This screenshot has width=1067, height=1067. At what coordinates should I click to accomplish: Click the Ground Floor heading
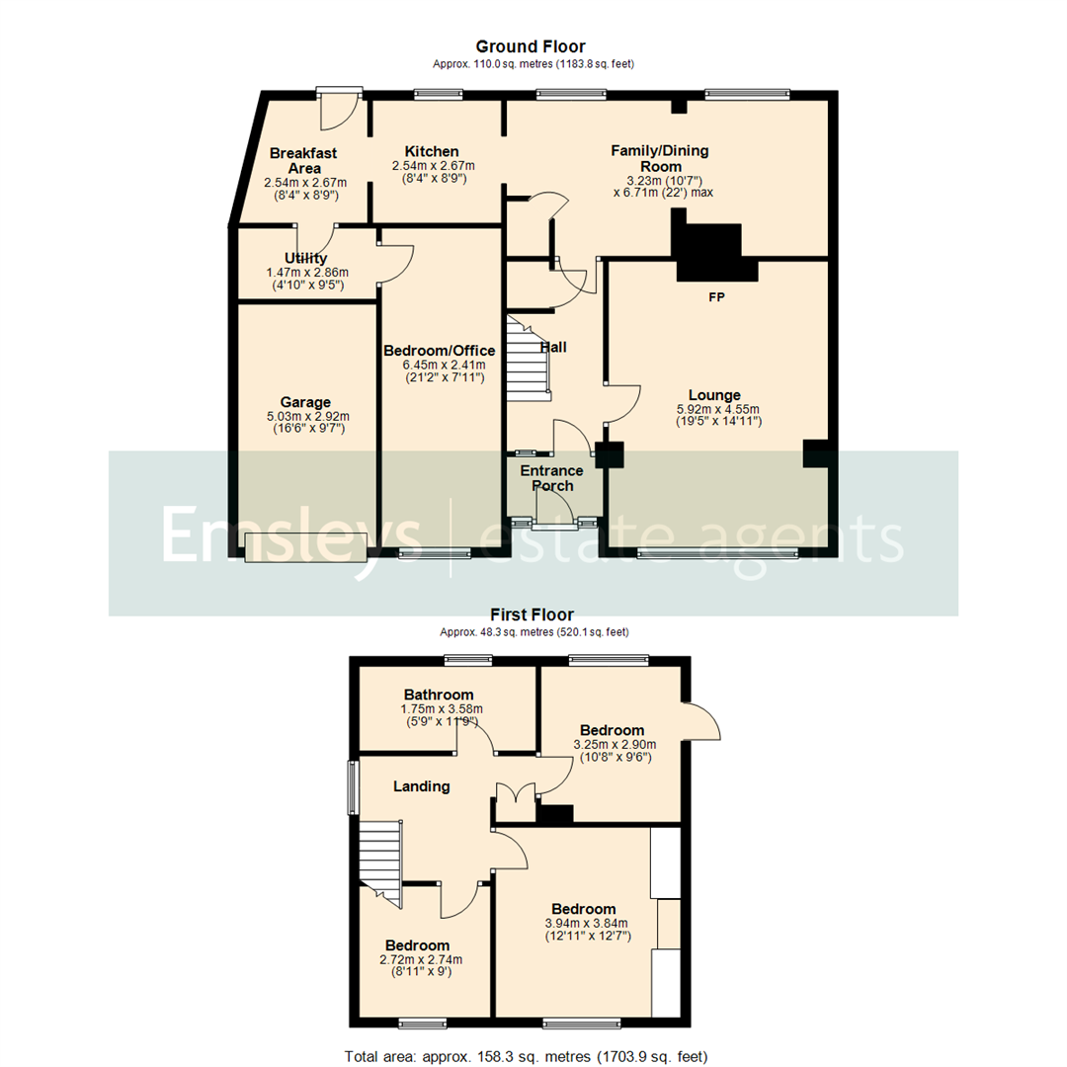click(531, 46)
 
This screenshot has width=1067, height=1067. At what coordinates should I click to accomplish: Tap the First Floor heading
click(532, 615)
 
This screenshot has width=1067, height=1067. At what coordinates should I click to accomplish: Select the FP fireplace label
click(716, 295)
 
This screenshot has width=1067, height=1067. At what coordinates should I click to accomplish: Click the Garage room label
click(304, 402)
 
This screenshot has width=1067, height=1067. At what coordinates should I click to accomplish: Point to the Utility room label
click(305, 259)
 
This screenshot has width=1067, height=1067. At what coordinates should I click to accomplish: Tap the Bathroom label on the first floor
click(437, 695)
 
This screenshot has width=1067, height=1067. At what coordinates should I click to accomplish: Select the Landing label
click(422, 786)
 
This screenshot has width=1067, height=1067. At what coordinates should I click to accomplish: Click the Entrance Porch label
click(552, 478)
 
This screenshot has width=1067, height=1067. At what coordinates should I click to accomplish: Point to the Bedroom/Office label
click(439, 351)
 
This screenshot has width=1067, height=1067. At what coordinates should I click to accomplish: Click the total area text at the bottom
click(526, 1056)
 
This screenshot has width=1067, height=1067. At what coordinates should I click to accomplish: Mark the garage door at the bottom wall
click(306, 547)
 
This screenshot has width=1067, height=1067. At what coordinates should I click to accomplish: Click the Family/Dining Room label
click(660, 158)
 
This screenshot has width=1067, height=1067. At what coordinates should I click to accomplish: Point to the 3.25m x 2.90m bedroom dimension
click(615, 744)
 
